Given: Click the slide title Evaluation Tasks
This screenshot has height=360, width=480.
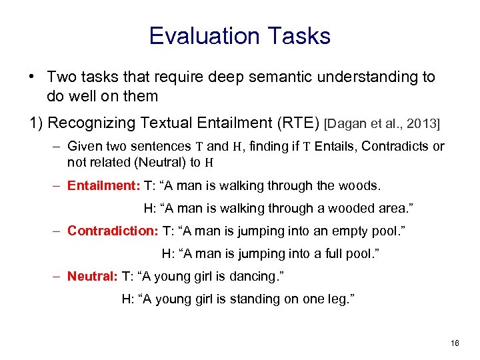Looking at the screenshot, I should click(x=239, y=35).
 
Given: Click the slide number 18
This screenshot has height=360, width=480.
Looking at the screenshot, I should click(x=455, y=343).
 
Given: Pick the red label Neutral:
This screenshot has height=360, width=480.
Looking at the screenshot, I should click(x=92, y=276).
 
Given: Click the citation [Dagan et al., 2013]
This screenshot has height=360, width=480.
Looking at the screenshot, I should click(x=382, y=123).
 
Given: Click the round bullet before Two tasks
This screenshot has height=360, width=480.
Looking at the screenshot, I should click(x=32, y=77).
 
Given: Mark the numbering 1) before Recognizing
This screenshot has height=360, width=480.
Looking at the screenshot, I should click(x=37, y=123).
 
